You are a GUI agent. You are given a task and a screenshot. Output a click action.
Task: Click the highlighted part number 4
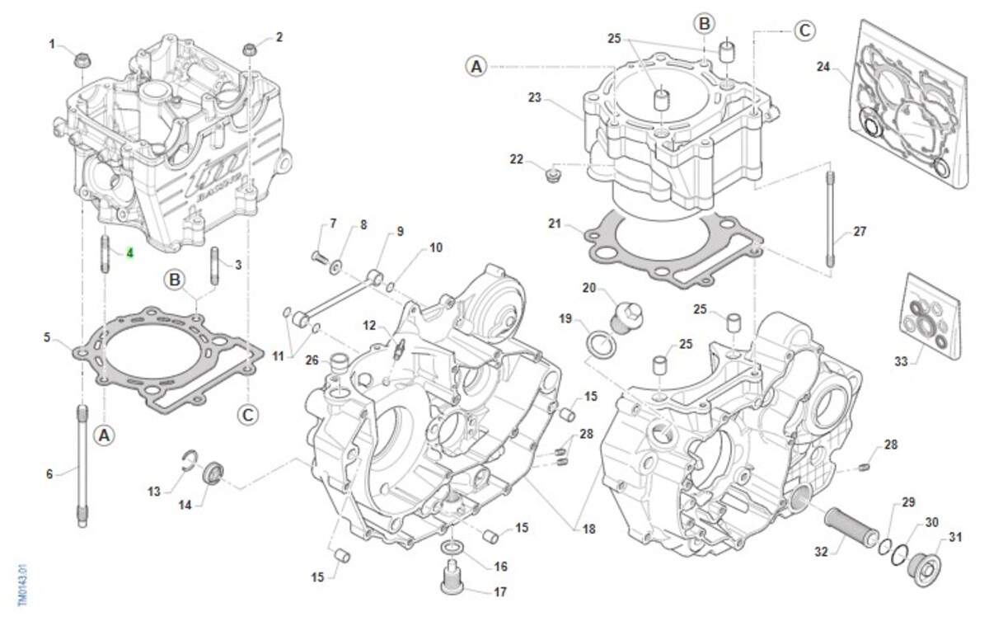pos(129,252)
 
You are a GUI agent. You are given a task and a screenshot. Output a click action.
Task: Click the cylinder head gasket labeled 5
pos(165,359)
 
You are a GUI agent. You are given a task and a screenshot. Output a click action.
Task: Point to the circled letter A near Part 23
pos(476,66)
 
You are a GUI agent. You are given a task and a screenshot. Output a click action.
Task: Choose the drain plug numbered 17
pos(450,575)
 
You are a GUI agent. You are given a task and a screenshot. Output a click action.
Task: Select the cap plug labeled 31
pos(921,568)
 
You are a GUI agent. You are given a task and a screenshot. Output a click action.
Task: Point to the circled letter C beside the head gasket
pos(248,413)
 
